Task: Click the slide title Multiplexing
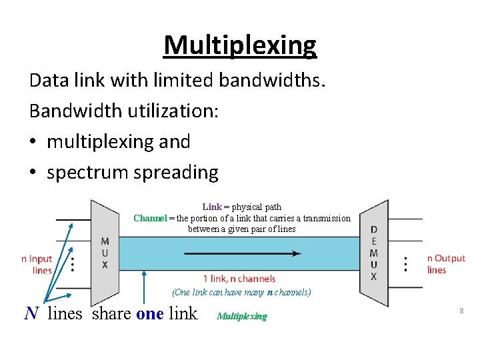tap(240, 46)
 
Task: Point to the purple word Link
tap(211, 207)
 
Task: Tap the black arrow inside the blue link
tap(243, 253)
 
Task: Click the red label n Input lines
tap(37, 264)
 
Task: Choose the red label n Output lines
tap(445, 264)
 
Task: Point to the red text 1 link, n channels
tap(239, 279)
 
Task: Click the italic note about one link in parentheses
tap(241, 292)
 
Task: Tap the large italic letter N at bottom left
tap(31, 313)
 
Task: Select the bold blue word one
tap(149, 313)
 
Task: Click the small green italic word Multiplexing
tap(241, 316)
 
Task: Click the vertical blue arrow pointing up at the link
tap(144, 287)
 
